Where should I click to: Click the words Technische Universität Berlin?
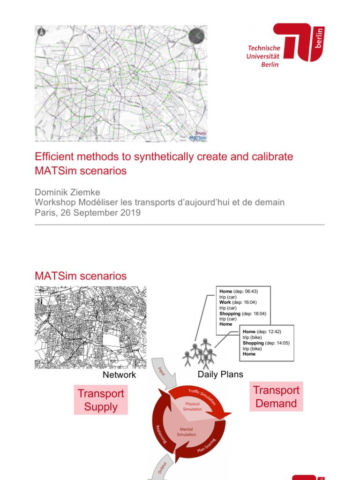point(263,56)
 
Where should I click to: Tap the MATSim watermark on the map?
point(197,138)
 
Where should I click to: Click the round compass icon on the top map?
point(196,36)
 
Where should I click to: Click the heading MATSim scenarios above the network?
point(81,276)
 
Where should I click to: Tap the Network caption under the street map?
point(120,375)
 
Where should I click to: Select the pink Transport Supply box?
point(101,400)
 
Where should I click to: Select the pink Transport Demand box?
point(276,397)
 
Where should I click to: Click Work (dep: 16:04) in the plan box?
point(238,302)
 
